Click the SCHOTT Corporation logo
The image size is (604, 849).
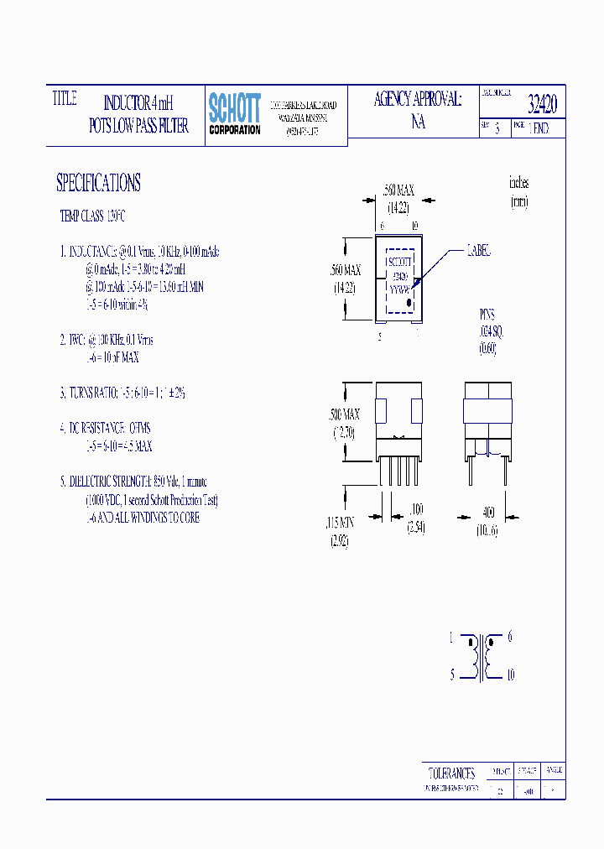point(234,114)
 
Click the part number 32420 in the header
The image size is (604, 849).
point(542,105)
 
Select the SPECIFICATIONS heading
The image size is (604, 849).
point(98,183)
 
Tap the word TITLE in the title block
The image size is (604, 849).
point(65,99)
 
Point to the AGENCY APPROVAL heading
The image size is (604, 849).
point(418,100)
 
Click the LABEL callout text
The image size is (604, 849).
point(477,251)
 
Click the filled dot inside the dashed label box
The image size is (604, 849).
point(409,303)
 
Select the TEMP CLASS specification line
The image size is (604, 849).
point(92,216)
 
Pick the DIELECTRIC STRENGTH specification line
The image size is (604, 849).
point(131,482)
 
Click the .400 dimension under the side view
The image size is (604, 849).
point(487,512)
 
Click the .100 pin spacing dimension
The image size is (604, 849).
point(416,508)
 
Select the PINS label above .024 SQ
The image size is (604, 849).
point(487,315)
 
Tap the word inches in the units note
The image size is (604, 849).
point(518,182)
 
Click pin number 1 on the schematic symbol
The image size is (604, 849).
point(450,638)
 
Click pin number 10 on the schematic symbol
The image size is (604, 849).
point(510,675)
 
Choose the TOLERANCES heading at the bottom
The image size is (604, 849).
point(451,773)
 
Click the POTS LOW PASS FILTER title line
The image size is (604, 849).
point(138,126)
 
